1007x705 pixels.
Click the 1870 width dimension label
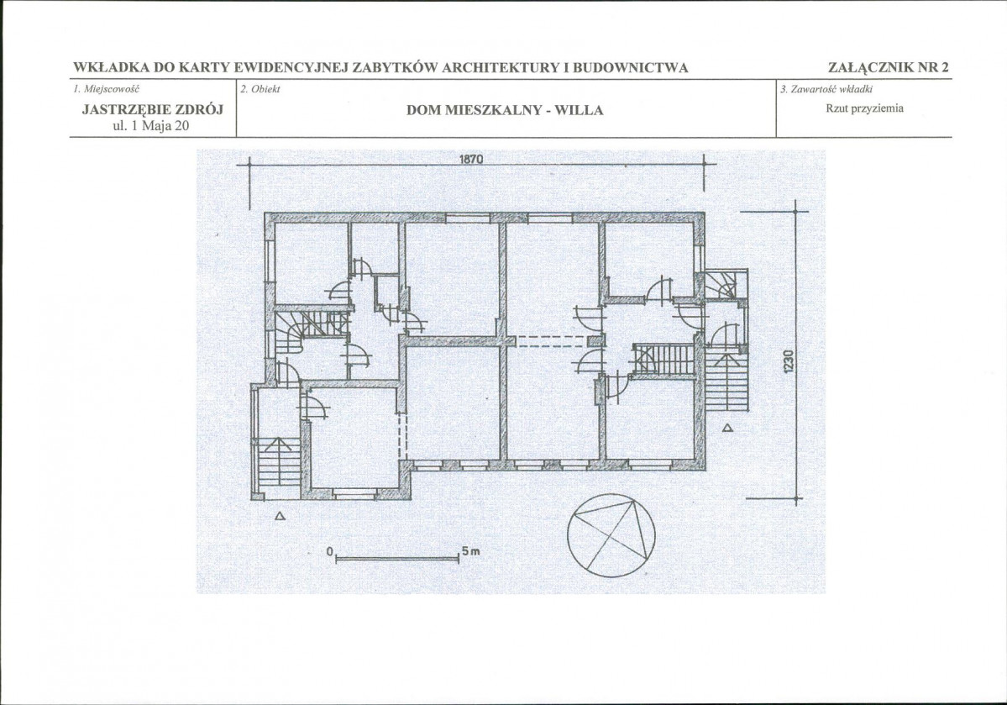(471, 159)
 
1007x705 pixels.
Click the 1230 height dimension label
(789, 360)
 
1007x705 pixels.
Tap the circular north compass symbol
(611, 533)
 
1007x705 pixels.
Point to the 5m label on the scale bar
(470, 551)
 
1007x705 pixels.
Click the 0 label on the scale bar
(329, 551)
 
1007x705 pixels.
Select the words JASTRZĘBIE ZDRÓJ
(153, 110)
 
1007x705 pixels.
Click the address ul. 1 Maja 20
(151, 126)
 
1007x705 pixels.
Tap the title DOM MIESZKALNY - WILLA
(505, 111)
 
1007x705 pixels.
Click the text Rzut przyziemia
(864, 108)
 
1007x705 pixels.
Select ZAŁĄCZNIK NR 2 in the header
(889, 67)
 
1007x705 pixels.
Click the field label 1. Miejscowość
(106, 89)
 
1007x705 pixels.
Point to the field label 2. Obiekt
(260, 89)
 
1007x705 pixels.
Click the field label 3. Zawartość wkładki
(826, 89)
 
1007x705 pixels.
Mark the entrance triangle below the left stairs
(280, 515)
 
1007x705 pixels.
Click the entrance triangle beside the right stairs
(727, 428)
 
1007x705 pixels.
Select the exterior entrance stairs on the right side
(727, 381)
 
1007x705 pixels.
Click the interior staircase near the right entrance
(664, 359)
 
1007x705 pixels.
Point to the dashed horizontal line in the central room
(553, 341)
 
